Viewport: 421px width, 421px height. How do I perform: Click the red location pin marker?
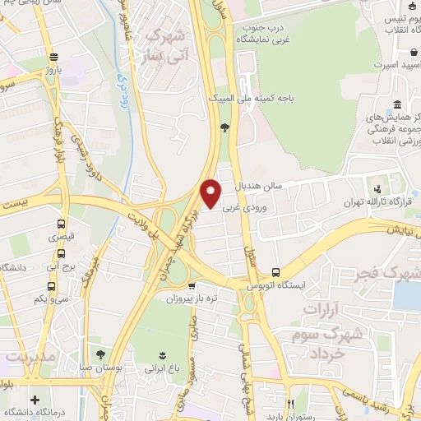(211, 192)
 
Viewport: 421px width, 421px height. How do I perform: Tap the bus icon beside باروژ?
(53, 57)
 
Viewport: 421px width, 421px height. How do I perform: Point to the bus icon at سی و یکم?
(53, 287)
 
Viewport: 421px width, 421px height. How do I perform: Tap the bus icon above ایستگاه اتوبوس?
(275, 272)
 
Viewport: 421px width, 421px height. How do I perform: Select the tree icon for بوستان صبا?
(100, 355)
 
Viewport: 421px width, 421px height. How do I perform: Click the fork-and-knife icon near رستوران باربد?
(290, 405)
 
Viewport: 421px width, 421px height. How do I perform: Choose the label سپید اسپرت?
(392, 64)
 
